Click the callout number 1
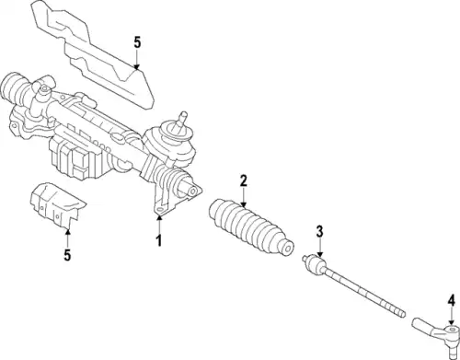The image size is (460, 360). tap(159, 240)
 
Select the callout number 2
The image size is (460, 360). tap(243, 180)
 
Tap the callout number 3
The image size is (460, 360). tap(319, 231)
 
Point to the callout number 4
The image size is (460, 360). tap(451, 301)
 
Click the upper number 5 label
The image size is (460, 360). tap(137, 42)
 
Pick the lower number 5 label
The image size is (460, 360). tap(67, 254)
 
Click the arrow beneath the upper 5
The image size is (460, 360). tap(137, 60)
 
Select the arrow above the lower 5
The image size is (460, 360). tap(67, 238)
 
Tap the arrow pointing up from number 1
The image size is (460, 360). tap(159, 225)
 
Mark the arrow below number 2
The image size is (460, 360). tap(243, 198)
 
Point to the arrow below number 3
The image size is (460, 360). tap(320, 248)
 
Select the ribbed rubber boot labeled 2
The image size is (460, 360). tap(251, 227)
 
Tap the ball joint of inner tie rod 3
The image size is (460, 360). tap(314, 264)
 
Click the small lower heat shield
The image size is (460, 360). tap(57, 205)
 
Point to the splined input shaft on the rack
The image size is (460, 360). tap(182, 119)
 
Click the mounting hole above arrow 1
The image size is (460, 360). tap(159, 209)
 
